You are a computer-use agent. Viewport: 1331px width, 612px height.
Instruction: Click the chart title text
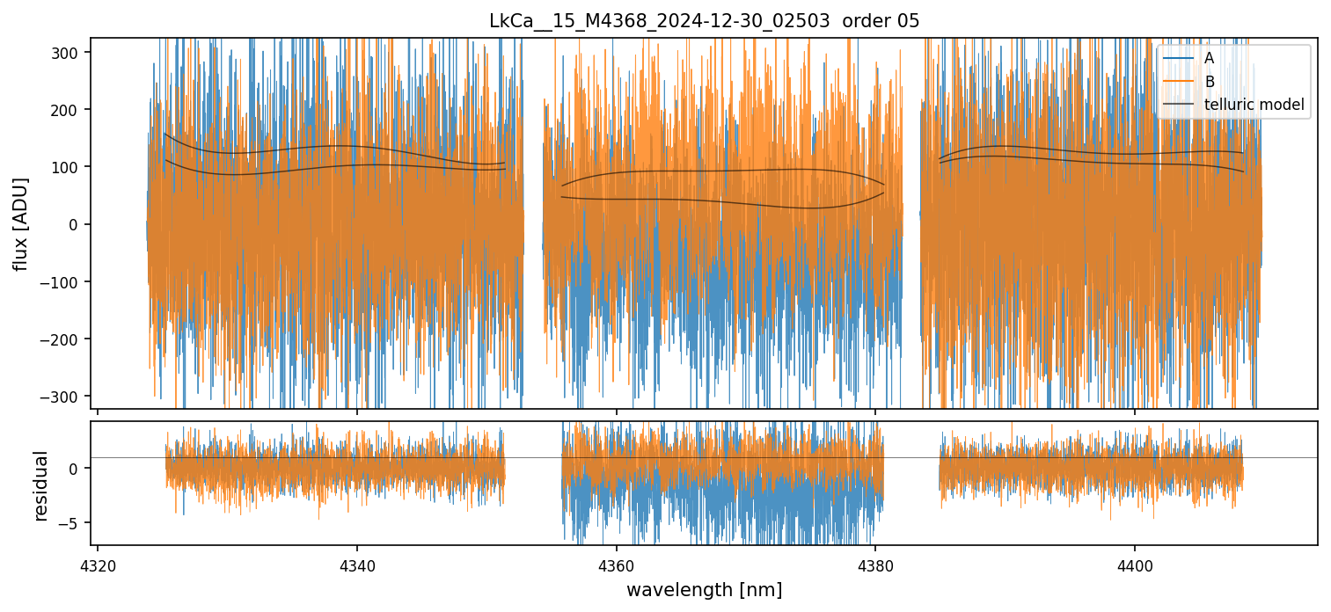(x=704, y=21)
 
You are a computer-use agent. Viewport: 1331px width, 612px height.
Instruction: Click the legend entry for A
(x=1209, y=59)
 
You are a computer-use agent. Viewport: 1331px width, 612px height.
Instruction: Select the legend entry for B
(x=1209, y=82)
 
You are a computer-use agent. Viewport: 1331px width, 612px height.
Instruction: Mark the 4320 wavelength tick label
(x=98, y=564)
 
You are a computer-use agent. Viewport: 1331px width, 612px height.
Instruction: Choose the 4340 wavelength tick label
(x=356, y=564)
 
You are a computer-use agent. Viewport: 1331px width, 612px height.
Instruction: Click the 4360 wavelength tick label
(x=616, y=564)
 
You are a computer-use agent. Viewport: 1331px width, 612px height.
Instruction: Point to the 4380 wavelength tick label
(x=875, y=564)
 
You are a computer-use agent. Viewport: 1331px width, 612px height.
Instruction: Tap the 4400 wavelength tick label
(x=1134, y=564)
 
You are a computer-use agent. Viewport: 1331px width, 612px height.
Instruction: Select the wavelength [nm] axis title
(x=704, y=589)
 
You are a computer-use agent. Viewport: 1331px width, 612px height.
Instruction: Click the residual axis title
(x=40, y=485)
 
